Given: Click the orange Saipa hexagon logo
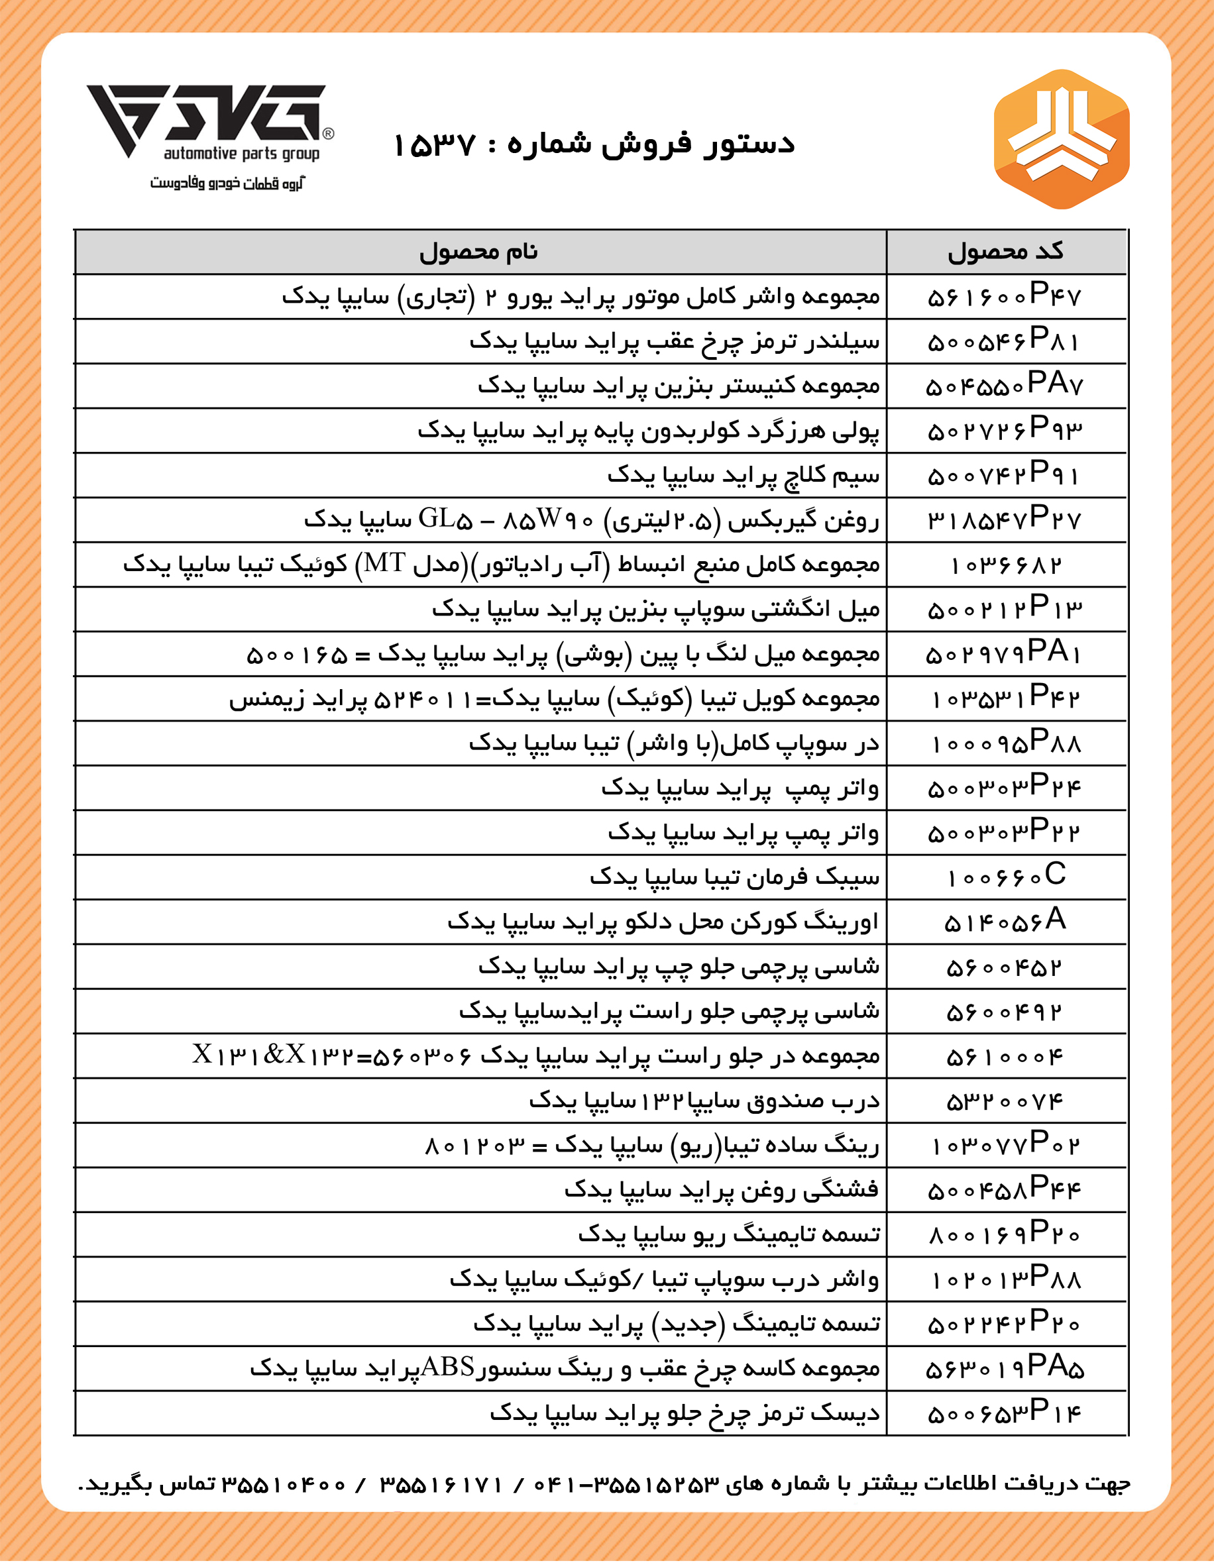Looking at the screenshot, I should [x=1062, y=139].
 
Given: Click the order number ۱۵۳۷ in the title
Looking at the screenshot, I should [x=434, y=146].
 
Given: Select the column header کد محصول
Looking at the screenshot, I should [x=1005, y=252].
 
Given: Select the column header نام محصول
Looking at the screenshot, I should [x=478, y=252].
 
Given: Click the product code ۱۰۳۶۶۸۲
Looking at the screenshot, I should [x=1005, y=565].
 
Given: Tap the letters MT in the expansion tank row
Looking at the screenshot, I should [x=385, y=564].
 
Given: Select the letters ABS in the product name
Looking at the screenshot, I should [x=448, y=1368].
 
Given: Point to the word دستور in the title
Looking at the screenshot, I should [x=749, y=144].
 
